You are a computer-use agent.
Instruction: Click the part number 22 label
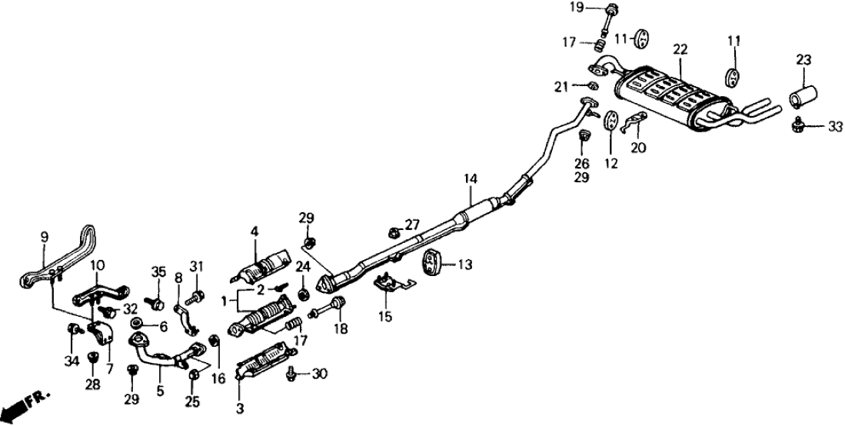coord(679,49)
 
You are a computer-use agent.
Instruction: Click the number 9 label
coord(44,235)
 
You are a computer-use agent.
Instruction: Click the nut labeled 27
coord(393,229)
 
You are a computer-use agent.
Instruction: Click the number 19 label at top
coord(598,8)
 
